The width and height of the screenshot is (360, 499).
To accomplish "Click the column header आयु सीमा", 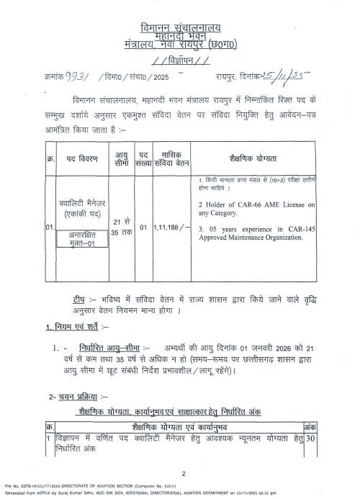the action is [122, 159].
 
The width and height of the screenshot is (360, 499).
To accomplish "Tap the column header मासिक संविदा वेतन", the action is [173, 159].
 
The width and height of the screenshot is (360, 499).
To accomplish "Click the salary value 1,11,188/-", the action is [173, 228].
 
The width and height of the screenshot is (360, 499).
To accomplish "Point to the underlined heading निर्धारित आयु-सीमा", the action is [112, 347].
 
